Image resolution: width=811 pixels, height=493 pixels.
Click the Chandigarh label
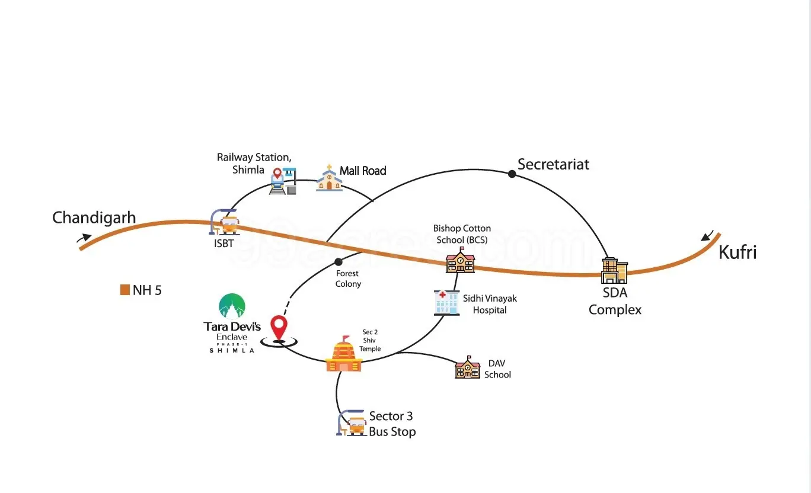click(x=94, y=217)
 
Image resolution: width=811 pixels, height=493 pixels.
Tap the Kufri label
click(x=737, y=252)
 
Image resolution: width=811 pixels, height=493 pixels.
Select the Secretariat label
click(x=553, y=164)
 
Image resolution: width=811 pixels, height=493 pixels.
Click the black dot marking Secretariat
click(x=512, y=174)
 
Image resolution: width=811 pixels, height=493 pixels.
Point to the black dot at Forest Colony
click(x=339, y=262)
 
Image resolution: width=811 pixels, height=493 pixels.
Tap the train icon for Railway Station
click(x=283, y=181)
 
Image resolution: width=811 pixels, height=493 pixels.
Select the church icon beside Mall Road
click(x=329, y=178)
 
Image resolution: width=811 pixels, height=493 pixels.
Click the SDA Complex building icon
click(x=614, y=271)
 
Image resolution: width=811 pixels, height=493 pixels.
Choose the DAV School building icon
click(x=467, y=368)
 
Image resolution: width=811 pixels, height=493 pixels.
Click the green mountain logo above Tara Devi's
click(x=232, y=306)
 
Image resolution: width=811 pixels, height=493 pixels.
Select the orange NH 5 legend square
click(x=124, y=290)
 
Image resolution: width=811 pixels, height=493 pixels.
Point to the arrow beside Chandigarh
click(x=84, y=238)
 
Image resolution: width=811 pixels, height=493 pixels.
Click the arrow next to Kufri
click(x=707, y=236)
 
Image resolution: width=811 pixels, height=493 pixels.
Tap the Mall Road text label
click(x=363, y=171)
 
